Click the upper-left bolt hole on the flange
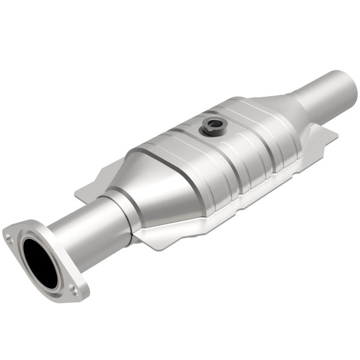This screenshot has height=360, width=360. (10, 238)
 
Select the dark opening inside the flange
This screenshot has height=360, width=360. (40, 262)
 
